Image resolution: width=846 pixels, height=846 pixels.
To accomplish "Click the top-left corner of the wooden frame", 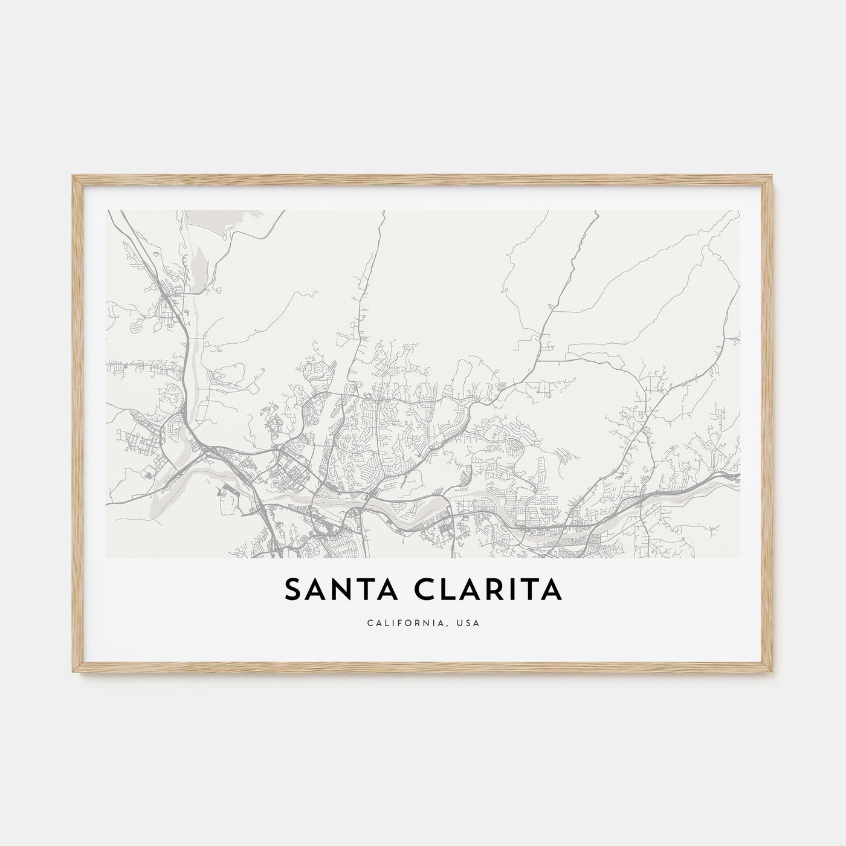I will (x=73, y=176).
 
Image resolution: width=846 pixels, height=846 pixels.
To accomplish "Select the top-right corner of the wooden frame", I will (x=773, y=176).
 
